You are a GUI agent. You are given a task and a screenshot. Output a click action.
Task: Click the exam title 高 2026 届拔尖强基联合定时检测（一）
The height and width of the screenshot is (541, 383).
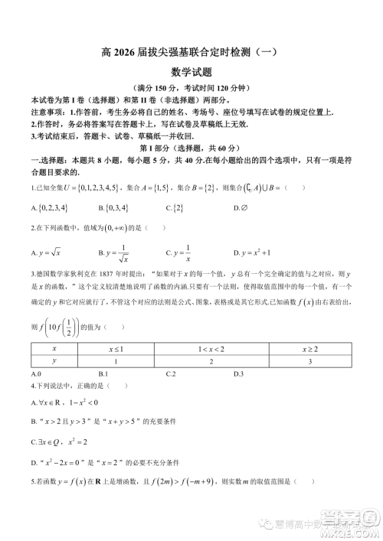tap(191, 53)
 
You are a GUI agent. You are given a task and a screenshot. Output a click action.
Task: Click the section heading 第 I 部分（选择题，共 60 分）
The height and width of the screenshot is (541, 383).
tap(191, 147)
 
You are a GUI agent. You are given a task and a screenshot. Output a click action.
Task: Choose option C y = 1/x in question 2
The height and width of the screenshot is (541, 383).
tap(178, 252)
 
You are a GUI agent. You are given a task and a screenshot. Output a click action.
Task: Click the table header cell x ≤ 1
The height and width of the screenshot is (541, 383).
tap(115, 348)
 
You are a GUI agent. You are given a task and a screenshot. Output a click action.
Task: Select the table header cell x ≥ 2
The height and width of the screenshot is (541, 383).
tap(309, 348)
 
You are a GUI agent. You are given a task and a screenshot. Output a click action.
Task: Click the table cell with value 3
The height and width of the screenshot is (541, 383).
tap(309, 360)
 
